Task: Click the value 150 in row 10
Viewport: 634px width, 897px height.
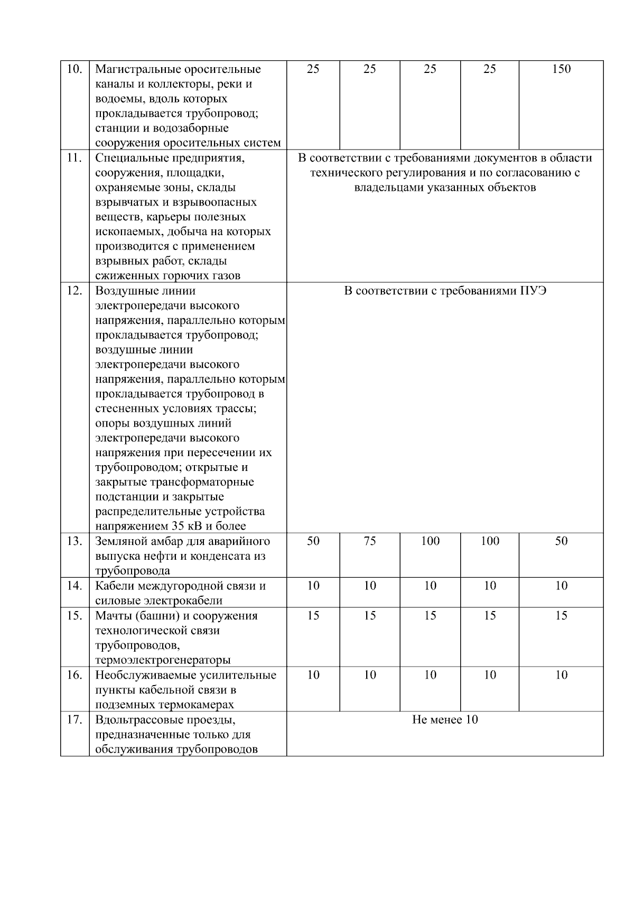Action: tap(561, 69)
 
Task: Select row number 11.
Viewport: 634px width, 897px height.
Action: tap(74, 158)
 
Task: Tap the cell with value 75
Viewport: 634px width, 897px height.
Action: tap(370, 541)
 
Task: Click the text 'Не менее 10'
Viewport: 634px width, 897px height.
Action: tap(445, 720)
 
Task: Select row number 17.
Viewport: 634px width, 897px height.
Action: tap(74, 720)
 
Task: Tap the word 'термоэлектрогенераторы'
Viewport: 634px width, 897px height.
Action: tap(163, 660)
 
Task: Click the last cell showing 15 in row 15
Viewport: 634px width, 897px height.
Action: tap(561, 616)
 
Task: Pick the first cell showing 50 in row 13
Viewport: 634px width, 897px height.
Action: tap(313, 541)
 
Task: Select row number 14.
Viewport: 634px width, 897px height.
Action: tap(74, 586)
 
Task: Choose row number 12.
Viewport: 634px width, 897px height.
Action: tap(74, 291)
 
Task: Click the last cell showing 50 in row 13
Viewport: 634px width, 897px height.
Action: tap(561, 541)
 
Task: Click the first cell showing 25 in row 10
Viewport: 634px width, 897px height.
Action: tap(313, 69)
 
